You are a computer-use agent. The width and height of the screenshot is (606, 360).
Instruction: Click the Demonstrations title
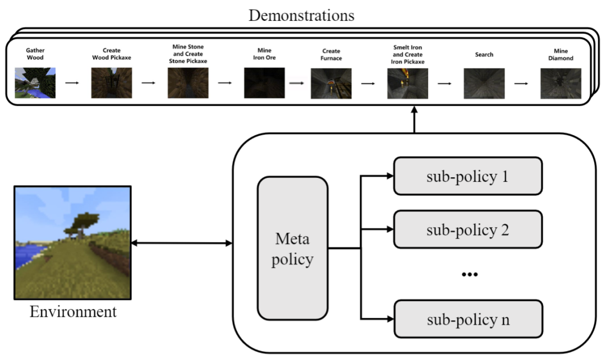click(301, 15)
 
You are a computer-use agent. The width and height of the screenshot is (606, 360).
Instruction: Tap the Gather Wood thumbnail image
click(35, 83)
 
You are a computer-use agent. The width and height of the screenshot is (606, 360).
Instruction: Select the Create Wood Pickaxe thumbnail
click(112, 83)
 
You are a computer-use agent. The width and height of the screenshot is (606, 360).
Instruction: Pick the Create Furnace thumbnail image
click(331, 83)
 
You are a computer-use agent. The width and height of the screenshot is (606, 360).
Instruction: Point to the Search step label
click(484, 54)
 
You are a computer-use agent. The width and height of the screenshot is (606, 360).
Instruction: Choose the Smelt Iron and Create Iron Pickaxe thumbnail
click(407, 83)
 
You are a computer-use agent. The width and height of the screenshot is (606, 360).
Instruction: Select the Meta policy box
click(292, 248)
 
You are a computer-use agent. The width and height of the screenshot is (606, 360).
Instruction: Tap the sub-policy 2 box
click(467, 229)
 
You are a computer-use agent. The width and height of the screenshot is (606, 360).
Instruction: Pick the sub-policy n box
click(467, 319)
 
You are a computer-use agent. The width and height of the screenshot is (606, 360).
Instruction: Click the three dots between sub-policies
click(469, 275)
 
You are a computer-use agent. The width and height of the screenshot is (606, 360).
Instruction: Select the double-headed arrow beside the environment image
click(181, 243)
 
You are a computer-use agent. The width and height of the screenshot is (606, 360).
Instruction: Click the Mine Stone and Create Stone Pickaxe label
click(188, 54)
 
